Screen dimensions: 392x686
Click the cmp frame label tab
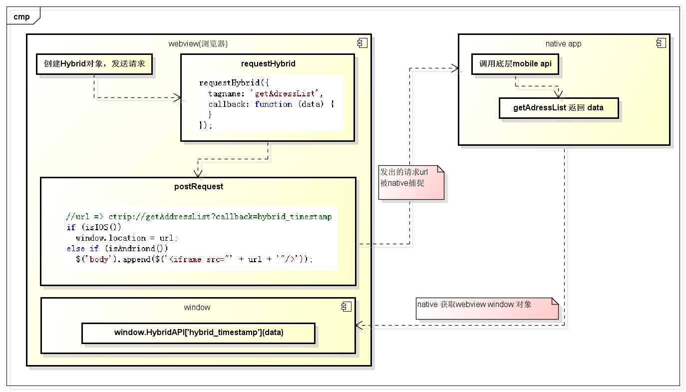[21, 17]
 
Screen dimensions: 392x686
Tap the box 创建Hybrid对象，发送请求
[94, 64]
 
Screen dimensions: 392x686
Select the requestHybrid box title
[267, 63]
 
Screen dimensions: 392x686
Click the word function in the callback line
[273, 104]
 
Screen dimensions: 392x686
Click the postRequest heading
[199, 187]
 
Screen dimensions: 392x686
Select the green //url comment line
[199, 217]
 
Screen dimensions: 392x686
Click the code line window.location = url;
[126, 238]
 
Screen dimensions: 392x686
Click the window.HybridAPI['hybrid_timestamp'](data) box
[198, 333]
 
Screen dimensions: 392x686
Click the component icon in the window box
[345, 307]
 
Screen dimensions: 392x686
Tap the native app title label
[563, 43]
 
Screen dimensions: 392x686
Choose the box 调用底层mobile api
[515, 64]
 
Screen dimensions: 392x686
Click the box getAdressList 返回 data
[558, 108]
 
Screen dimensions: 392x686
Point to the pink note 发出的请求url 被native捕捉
[411, 182]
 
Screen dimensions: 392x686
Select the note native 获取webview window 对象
[487, 309]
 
